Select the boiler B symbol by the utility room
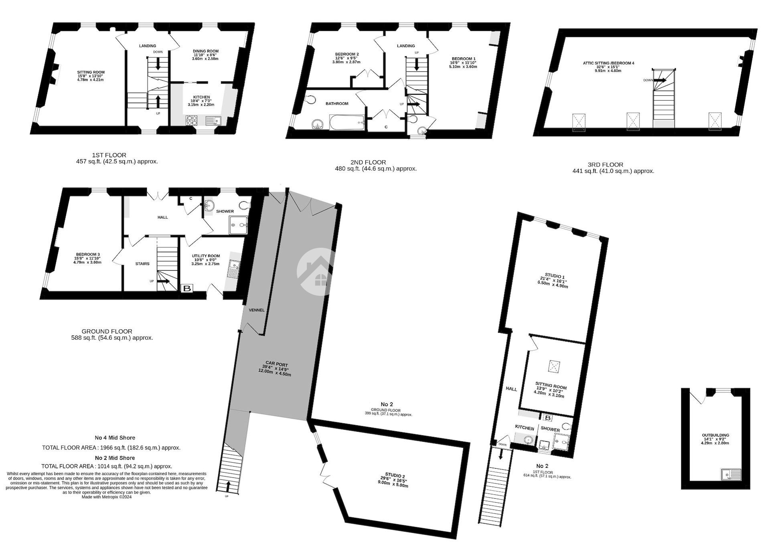pos(187,288)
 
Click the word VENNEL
pos(257,310)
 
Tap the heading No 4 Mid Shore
pos(115,438)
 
